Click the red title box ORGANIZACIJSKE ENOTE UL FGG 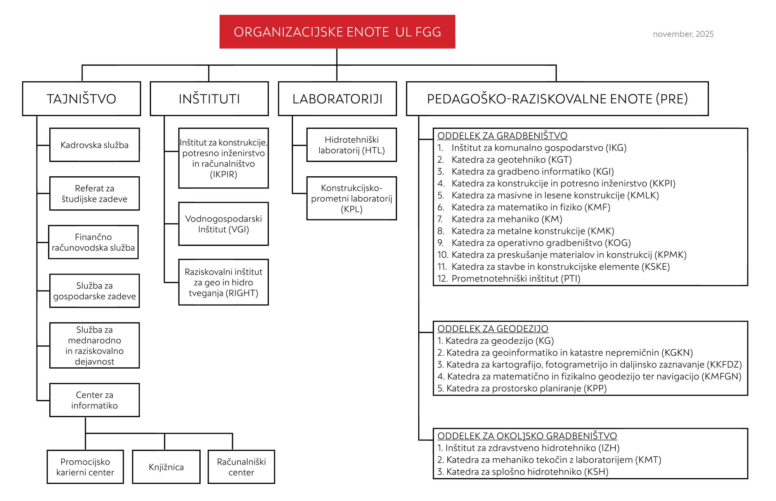337,32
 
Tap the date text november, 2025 683,34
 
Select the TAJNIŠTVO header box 81,99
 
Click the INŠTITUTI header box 209,99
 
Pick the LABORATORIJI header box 337,99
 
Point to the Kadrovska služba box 94,145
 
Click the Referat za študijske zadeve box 94,193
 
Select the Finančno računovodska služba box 93,242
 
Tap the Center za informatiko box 94,400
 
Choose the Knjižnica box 166,467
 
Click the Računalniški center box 241,467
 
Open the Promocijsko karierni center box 85,467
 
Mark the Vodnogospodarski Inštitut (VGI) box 223,224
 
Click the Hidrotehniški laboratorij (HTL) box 352,145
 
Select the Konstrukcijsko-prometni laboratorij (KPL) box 352,198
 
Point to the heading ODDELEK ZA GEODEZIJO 492,329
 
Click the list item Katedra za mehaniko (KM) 506,219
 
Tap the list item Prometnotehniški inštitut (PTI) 516,278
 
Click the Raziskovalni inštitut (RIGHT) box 223,282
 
